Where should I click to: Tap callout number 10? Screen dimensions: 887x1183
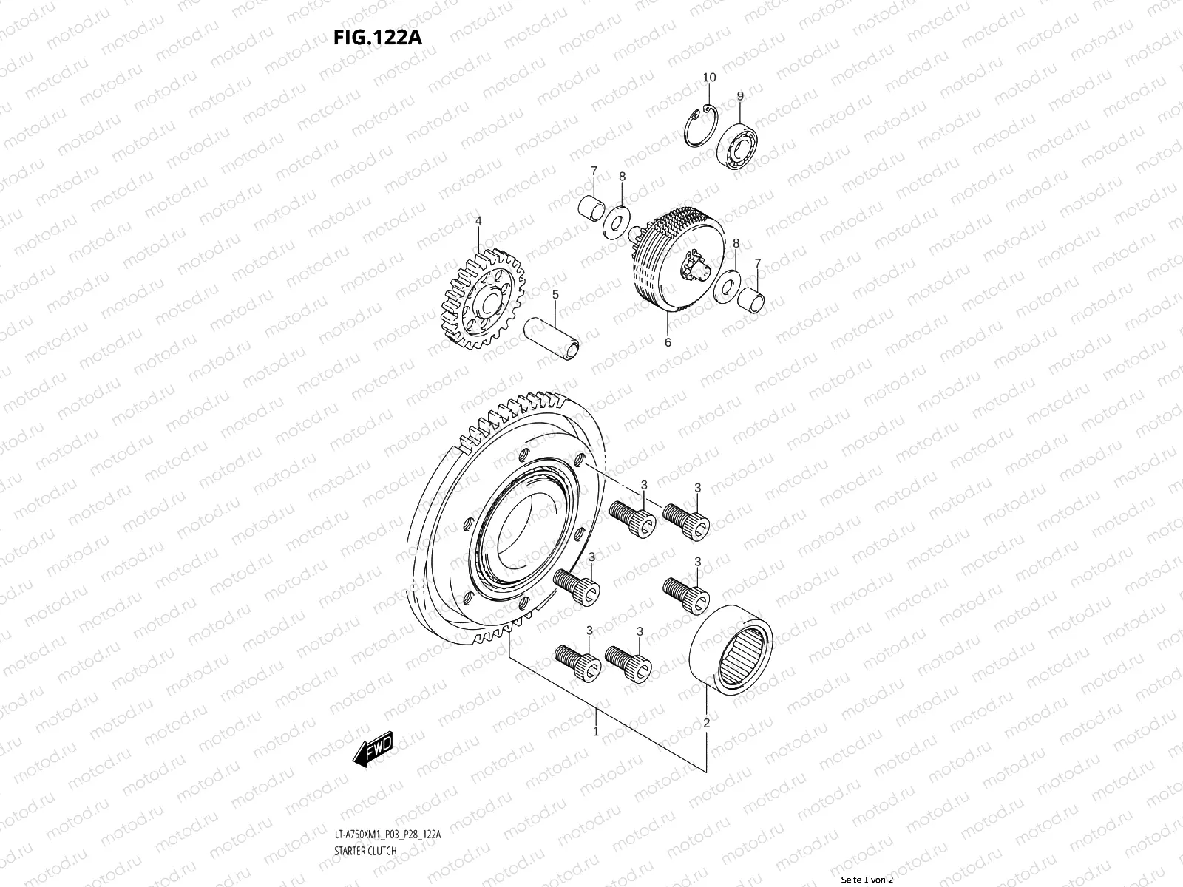coord(709,78)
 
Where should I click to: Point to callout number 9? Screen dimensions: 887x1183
coord(740,96)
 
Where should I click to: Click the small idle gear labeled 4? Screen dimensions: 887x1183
coord(477,299)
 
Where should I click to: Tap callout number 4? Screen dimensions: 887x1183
coord(478,221)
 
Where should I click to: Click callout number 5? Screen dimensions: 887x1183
coord(555,295)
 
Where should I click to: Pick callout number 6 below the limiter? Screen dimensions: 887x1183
coord(668,343)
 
